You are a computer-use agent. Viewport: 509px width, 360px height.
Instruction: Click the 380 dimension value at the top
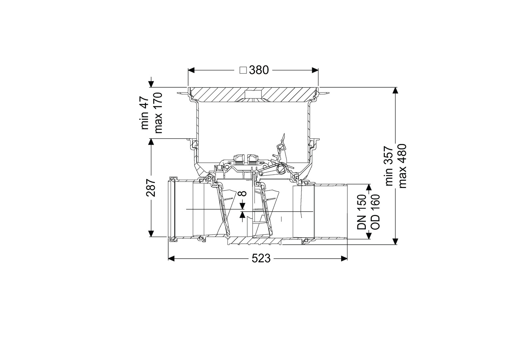coord(259,70)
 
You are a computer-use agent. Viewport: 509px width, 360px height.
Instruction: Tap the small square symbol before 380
coord(244,70)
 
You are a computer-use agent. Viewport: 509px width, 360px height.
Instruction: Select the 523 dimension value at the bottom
coord(261,258)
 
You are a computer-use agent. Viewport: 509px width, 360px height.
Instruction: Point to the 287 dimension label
coord(151,188)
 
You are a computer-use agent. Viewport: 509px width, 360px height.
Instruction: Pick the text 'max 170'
coord(158,113)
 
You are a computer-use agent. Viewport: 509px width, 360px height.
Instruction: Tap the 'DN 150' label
coord(362,212)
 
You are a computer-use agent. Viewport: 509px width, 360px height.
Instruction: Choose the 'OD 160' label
coord(375,212)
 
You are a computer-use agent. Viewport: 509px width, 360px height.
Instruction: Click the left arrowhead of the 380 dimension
coord(191,70)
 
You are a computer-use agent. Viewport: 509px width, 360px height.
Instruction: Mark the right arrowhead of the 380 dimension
coord(315,70)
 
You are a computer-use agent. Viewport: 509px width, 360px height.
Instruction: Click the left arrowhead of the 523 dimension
coord(171,258)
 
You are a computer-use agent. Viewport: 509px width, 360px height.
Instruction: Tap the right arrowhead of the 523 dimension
coord(344,258)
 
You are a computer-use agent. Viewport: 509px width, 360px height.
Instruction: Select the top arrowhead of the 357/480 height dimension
coord(396,91)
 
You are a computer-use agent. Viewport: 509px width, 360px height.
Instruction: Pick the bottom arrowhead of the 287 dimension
coord(151,234)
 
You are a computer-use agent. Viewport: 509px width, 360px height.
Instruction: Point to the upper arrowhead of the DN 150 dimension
coord(368,187)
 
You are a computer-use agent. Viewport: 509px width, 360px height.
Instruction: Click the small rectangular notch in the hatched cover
coord(253,93)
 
